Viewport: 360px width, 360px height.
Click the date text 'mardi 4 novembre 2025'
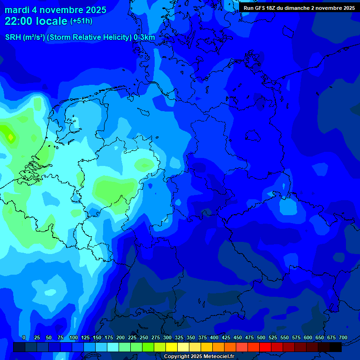[x=55, y=10]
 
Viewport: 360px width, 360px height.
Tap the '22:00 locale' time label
[x=36, y=21]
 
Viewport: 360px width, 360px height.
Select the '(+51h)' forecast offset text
[x=81, y=21]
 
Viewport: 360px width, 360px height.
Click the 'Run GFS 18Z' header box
[x=299, y=8]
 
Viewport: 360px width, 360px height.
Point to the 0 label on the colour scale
[x=24, y=337]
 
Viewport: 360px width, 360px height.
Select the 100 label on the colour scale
[x=74, y=337]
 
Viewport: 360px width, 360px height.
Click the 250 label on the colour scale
[x=144, y=337]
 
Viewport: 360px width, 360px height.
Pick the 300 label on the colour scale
[x=167, y=337]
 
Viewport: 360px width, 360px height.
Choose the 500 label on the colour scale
[x=261, y=337]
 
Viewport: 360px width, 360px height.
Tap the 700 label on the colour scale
[x=343, y=337]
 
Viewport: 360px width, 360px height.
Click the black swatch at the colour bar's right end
[x=336, y=347]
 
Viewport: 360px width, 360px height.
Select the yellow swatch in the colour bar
[x=172, y=347]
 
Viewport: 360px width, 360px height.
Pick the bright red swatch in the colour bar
[x=265, y=347]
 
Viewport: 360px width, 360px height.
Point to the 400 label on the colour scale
[x=214, y=337]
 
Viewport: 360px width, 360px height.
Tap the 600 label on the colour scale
[x=308, y=337]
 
